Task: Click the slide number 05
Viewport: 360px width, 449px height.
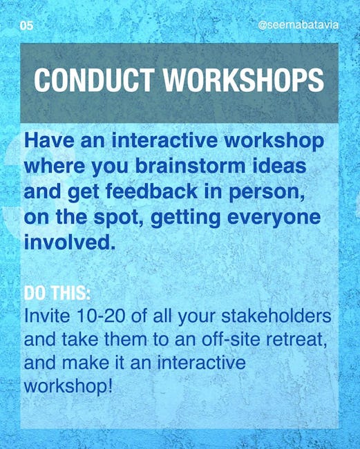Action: click(x=26, y=26)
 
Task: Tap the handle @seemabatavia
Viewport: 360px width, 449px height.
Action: click(x=298, y=25)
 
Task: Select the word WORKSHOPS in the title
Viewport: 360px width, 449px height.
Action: click(x=243, y=80)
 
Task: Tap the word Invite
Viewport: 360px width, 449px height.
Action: click(x=47, y=316)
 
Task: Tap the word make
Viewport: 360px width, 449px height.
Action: click(x=86, y=363)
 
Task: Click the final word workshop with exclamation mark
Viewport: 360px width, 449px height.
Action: click(x=68, y=387)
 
